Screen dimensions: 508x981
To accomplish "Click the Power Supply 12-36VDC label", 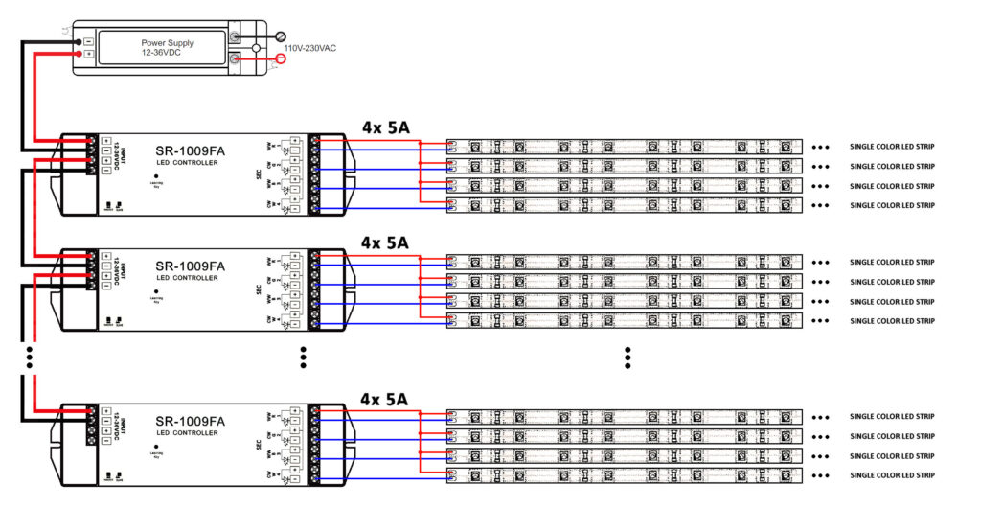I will point(167,47).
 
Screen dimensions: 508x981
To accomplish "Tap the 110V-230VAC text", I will point(309,47).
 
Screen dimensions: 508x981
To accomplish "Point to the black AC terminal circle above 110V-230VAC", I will point(281,34).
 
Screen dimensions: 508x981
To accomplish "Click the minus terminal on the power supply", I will point(89,41).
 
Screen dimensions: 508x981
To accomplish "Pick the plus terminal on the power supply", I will point(89,54).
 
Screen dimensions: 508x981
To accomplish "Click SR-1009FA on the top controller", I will point(190,150).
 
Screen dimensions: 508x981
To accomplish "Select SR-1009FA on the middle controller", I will point(190,266).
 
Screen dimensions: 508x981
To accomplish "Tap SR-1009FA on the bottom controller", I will point(190,421).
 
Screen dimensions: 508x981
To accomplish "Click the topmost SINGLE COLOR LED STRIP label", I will point(892,148).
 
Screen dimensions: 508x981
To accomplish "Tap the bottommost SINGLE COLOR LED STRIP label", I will point(892,475).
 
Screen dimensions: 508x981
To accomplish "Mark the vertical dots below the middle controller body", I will point(303,357).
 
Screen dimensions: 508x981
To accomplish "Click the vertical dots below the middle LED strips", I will point(627,358).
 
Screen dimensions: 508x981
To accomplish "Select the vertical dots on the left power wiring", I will point(31,357).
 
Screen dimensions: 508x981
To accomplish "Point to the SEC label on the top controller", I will point(259,174).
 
